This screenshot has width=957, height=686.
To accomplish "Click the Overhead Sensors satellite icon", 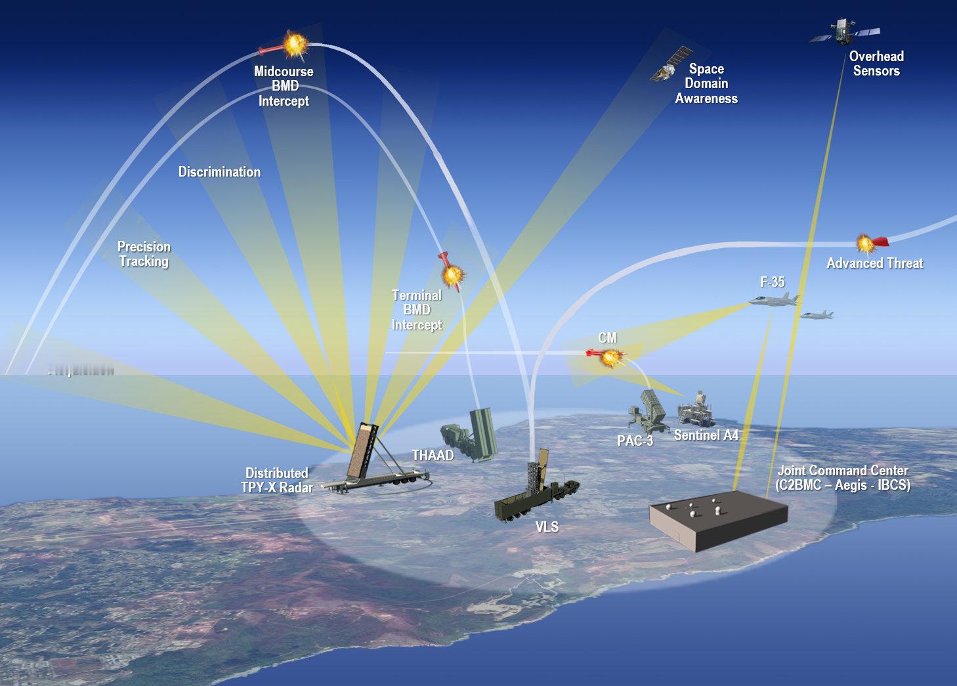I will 843,31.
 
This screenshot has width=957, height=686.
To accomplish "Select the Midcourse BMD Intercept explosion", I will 295,45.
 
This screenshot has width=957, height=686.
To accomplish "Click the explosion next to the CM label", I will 610,358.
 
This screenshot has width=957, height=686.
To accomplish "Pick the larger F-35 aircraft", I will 775,301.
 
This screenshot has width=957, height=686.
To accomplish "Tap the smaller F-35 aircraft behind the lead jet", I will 817,315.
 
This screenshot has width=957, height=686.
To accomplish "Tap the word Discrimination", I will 219,172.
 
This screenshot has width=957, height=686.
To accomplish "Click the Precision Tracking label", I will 144,254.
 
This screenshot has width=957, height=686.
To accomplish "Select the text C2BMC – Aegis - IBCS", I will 842,486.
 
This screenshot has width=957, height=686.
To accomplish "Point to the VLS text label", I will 546,527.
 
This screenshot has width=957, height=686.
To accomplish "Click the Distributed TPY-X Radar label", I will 276,480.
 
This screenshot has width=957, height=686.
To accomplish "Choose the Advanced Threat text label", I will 874,263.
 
